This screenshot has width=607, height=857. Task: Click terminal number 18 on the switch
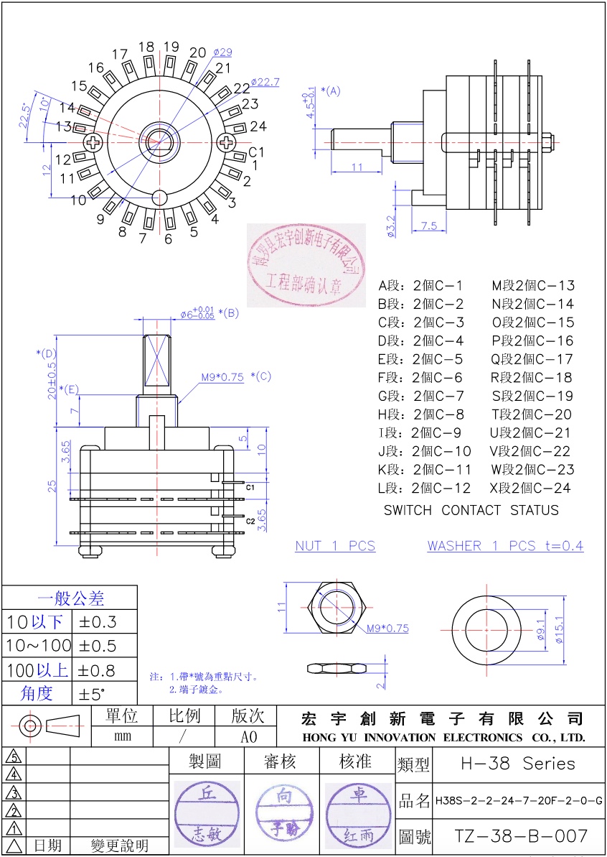coord(146,47)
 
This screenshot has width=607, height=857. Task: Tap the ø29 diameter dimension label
coord(222,52)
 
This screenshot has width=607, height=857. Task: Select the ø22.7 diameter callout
coord(265,82)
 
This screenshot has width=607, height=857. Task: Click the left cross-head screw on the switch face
coord(95,142)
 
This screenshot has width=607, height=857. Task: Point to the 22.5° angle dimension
coord(25,115)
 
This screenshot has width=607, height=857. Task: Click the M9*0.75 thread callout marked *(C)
coord(222,376)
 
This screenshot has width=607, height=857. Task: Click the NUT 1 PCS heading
coord(335,546)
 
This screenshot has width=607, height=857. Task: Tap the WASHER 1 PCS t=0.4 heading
coord(505,546)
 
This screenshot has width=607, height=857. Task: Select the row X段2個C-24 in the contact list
coord(532,488)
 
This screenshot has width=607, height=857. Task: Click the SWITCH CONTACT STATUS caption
coord(471,510)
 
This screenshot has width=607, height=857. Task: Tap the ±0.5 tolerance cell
coord(97,645)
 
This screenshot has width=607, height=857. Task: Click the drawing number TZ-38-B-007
coord(522,836)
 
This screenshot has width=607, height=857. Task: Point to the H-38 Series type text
coord(517,763)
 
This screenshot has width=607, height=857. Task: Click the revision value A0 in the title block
coord(248,737)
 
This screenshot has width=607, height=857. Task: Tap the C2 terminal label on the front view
coord(250,520)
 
